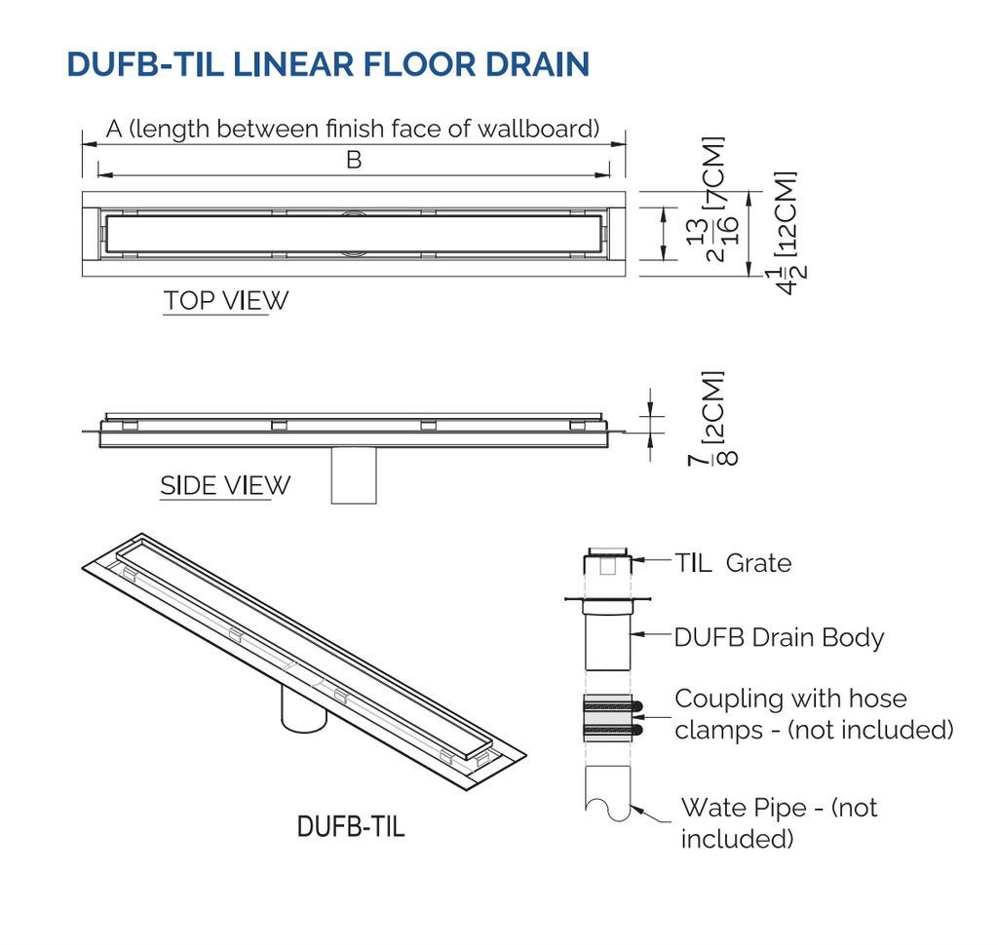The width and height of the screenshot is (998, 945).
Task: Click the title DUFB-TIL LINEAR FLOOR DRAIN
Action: pos(327,63)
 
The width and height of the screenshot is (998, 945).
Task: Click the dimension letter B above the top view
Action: pos(354,160)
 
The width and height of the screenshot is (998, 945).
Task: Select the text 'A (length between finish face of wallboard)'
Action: pos(352,129)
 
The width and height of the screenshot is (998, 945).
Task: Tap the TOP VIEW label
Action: pos(225,301)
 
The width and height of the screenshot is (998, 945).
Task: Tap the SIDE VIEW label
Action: pos(225,485)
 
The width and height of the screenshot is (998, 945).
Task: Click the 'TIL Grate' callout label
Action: pos(733,563)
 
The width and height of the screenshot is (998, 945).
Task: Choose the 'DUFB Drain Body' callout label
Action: pos(779,638)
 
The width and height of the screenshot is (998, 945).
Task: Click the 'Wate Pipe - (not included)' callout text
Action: pos(778,822)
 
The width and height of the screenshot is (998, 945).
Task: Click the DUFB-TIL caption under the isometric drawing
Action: pos(350,828)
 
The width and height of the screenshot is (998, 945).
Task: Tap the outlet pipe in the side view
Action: pos(354,475)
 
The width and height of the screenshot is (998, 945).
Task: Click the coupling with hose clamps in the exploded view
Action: pos(608,718)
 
